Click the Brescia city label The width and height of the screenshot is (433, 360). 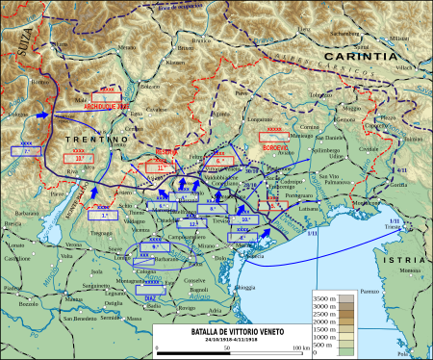coord(15,223)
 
